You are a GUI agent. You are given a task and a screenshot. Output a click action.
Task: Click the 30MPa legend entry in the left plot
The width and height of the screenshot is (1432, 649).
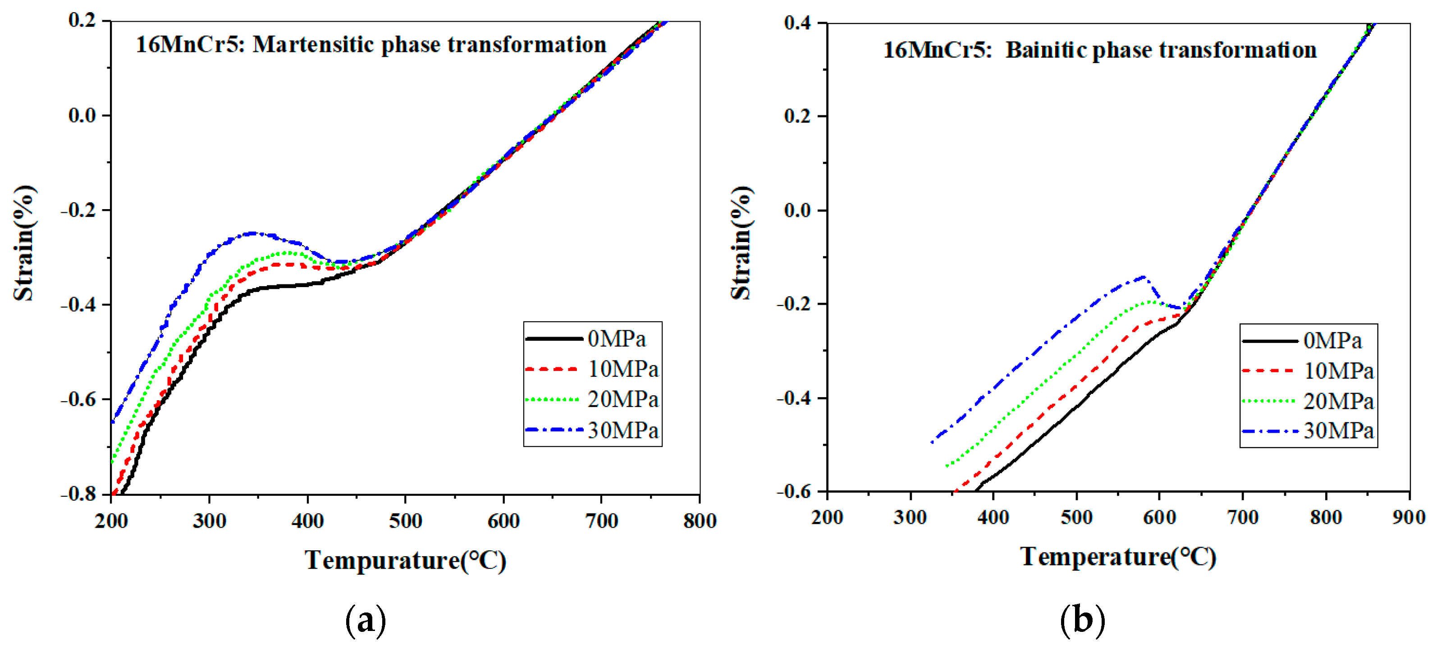click(622, 430)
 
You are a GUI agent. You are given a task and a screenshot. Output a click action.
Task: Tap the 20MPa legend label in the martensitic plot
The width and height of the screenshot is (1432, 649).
click(622, 399)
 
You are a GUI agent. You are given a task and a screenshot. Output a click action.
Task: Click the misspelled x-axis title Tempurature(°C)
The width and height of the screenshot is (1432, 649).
click(405, 560)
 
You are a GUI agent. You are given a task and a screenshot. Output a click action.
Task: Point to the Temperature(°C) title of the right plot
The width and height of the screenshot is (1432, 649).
click(1118, 557)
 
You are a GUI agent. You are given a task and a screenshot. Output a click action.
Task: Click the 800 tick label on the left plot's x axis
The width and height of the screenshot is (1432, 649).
click(700, 521)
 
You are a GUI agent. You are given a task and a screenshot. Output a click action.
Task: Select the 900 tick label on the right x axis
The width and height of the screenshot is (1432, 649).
click(1409, 518)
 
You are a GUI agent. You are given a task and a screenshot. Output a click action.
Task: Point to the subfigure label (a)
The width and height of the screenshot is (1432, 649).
click(365, 620)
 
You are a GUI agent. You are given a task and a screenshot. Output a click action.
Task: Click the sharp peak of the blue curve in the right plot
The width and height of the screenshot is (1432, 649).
click(1144, 276)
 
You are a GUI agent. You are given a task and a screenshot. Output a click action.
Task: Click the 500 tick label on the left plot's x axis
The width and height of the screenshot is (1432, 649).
click(405, 521)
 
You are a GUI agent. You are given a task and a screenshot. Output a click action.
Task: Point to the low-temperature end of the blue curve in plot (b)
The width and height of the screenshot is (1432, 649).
click(932, 442)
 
